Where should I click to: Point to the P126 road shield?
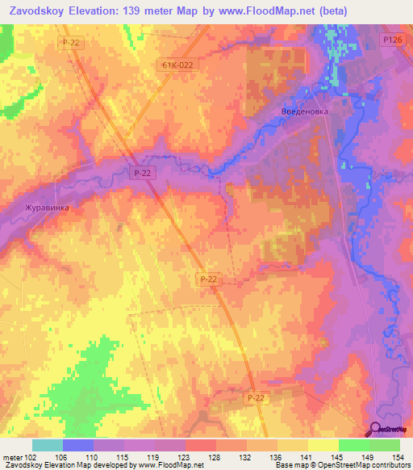392,40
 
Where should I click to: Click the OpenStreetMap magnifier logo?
376,429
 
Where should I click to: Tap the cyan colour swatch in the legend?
48,445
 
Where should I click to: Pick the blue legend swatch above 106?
78,445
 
